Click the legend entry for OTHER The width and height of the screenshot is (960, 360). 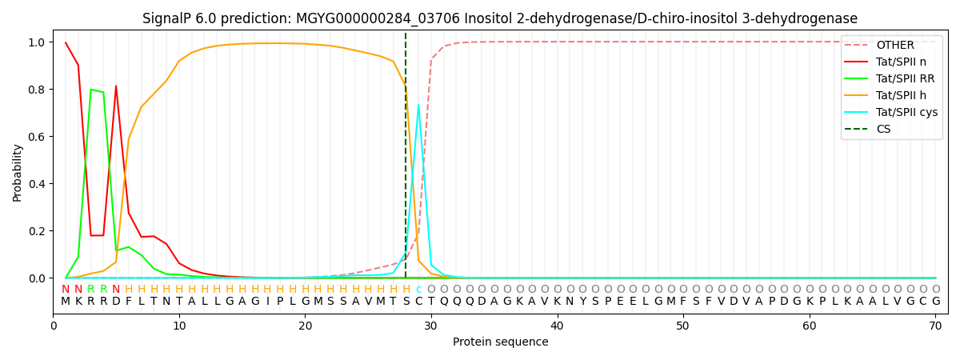pyautogui.click(x=894, y=45)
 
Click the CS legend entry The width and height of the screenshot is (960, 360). pyautogui.click(x=883, y=129)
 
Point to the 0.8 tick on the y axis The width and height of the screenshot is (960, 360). pyautogui.click(x=37, y=89)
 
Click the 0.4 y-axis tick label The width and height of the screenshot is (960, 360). pyautogui.click(x=37, y=184)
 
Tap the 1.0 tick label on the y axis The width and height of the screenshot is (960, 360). pyautogui.click(x=37, y=42)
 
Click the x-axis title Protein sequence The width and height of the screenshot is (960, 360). pyautogui.click(x=500, y=342)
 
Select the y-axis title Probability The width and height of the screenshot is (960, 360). pyautogui.click(x=18, y=172)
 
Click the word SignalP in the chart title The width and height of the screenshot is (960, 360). pyautogui.click(x=167, y=18)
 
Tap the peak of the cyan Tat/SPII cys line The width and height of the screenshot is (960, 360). pyautogui.click(x=418, y=105)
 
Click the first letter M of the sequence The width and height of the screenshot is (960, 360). pyautogui.click(x=66, y=302)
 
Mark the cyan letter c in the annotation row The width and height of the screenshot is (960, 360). pyautogui.click(x=418, y=290)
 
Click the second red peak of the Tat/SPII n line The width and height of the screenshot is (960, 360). pyautogui.click(x=116, y=86)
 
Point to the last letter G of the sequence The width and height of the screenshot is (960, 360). pyautogui.click(x=935, y=302)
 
